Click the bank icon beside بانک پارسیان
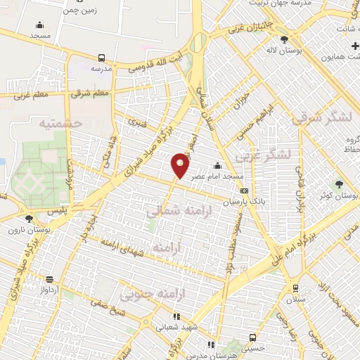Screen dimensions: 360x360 [x=244, y=191]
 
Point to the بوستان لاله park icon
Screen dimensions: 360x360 [x=284, y=39]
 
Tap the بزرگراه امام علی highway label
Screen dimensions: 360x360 [x=286, y=254]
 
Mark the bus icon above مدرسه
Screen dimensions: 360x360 [x=103, y=58]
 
